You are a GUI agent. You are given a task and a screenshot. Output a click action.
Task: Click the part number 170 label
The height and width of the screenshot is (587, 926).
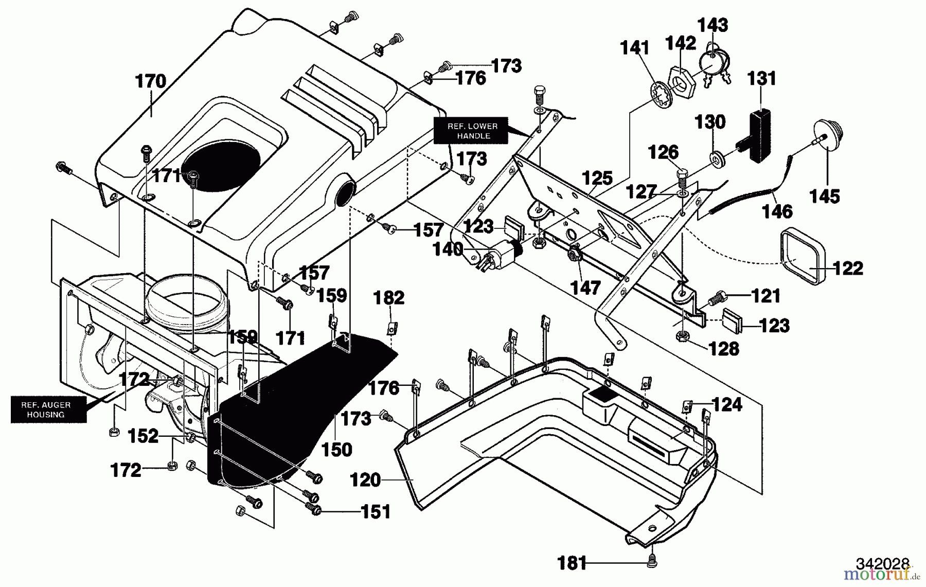pos(150,81)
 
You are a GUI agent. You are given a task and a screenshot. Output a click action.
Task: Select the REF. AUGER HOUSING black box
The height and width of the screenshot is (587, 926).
pos(47,410)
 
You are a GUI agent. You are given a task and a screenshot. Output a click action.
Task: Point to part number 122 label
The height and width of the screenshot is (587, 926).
pos(847,268)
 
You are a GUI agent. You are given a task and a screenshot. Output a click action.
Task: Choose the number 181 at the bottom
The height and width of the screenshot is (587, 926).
pos(572,564)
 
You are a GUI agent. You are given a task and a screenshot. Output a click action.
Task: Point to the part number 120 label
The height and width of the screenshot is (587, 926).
pos(365,480)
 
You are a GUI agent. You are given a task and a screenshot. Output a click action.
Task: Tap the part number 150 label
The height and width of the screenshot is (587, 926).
pos(336,449)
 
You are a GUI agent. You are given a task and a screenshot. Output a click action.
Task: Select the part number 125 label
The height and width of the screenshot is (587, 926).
pos(597,178)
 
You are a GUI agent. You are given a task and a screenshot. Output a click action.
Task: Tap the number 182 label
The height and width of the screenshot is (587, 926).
pos(389,297)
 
